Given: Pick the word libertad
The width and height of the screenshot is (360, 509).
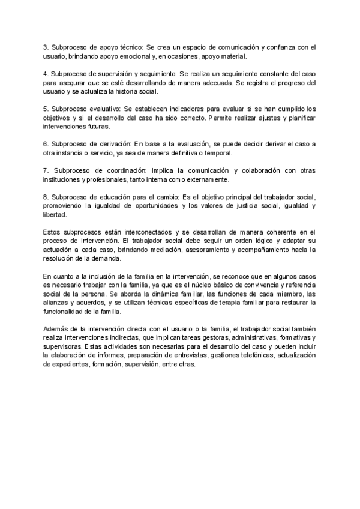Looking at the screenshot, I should coord(56,216).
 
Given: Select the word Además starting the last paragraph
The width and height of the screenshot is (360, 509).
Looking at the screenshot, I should coord(56,328).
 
